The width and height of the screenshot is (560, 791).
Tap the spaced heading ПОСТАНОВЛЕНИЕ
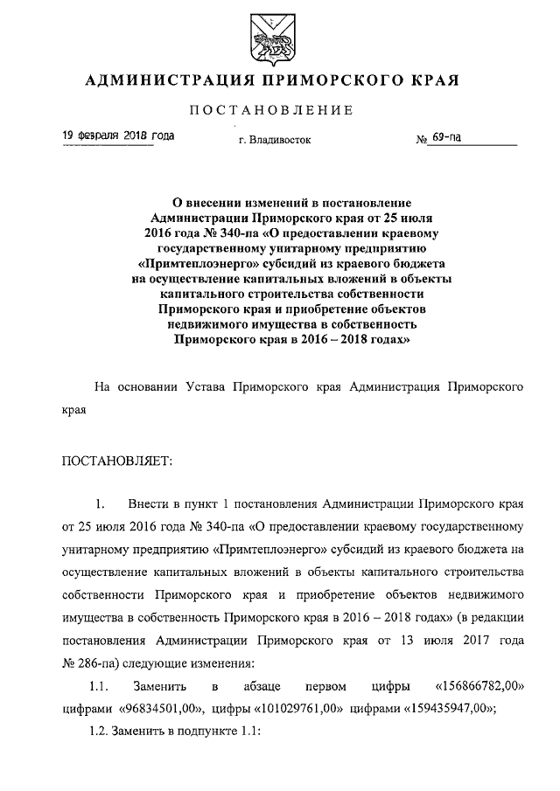tap(279, 110)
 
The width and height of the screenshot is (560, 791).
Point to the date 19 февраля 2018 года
tap(117, 136)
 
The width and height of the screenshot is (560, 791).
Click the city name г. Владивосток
tap(274, 139)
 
